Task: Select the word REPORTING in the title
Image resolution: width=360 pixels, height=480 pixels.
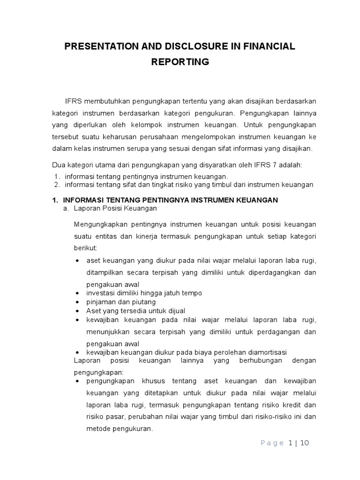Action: click(x=180, y=62)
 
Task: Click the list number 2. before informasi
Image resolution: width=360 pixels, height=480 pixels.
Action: click(x=57, y=185)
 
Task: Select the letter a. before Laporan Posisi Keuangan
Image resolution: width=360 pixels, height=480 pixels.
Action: click(x=67, y=208)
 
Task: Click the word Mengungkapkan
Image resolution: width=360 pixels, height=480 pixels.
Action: click(x=98, y=224)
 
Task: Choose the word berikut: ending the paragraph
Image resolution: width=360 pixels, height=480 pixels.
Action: click(x=85, y=248)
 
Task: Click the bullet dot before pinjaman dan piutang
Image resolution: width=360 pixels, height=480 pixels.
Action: click(x=77, y=302)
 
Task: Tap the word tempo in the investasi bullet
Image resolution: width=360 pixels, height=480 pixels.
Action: click(x=192, y=293)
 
